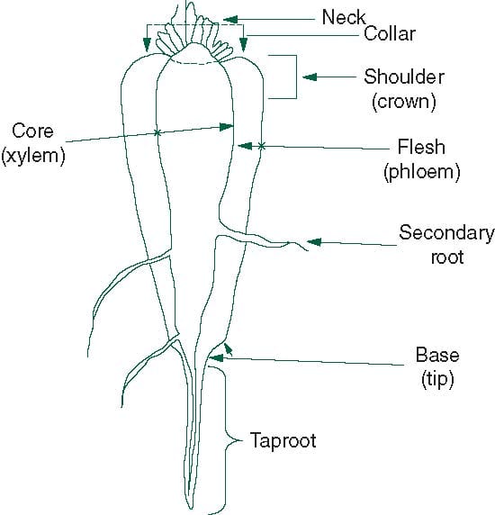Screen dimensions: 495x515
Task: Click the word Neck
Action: [344, 17]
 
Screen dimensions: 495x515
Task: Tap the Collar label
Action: [390, 34]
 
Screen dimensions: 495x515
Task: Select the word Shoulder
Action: [404, 77]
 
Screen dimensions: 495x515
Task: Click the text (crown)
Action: [404, 101]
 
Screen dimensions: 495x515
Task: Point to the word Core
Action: [32, 131]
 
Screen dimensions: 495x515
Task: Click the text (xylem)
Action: [33, 155]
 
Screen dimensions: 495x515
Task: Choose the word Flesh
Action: [421, 147]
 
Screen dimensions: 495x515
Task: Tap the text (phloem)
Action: [422, 171]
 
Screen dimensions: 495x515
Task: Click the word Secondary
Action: [446, 233]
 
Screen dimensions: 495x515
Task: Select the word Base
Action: [437, 355]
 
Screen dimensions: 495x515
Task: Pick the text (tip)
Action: [437, 379]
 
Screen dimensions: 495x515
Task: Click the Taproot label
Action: [283, 441]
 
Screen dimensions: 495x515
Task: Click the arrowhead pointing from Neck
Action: [230, 20]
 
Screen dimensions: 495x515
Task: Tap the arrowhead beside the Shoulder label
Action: [310, 77]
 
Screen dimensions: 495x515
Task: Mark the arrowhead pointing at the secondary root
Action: [314, 242]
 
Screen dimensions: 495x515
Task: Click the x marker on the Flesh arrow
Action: [261, 146]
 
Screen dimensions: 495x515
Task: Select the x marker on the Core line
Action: [157, 132]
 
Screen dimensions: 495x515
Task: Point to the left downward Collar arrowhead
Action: [147, 45]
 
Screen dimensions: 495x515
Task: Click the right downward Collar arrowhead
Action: [243, 45]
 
